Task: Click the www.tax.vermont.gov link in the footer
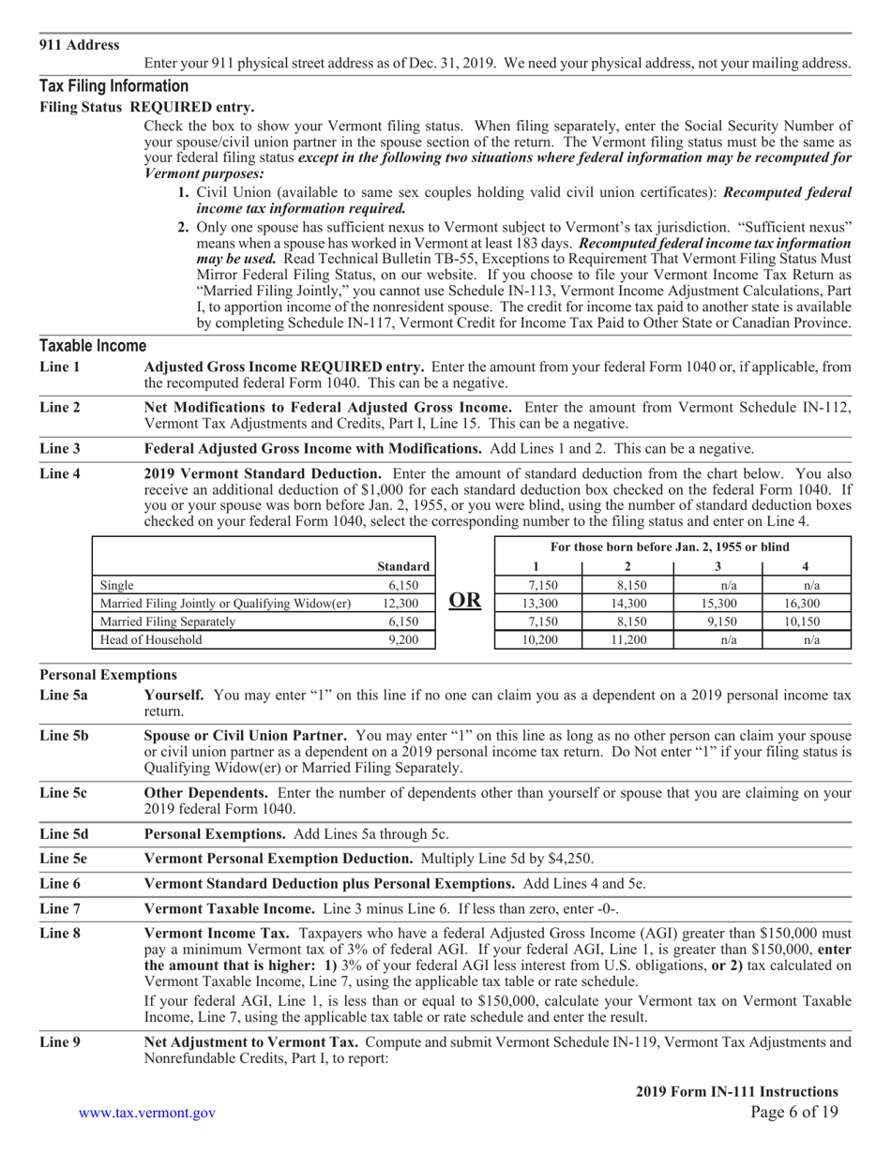[147, 1113]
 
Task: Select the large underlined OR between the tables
[464, 602]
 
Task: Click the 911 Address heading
[79, 45]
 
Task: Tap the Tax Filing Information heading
[113, 86]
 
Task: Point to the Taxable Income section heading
[92, 345]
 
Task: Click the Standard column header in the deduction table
[402, 566]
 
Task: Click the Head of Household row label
[151, 640]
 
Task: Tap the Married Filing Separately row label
[168, 621]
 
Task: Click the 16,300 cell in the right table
[806, 603]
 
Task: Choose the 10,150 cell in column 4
[806, 621]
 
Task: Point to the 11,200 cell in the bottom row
[627, 640]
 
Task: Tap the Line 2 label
[60, 407]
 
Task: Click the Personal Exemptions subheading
[108, 675]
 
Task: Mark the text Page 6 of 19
[794, 1113]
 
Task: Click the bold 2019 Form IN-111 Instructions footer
[736, 1091]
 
